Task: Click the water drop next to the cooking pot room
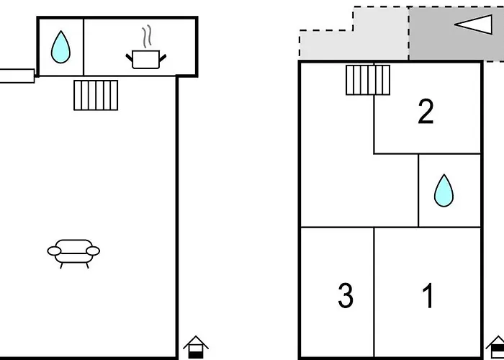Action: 61,47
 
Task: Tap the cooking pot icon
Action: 147,58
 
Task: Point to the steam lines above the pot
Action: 148,36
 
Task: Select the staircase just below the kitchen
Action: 96,95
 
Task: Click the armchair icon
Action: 73,252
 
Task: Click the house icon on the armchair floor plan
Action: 195,347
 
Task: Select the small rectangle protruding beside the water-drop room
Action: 17,76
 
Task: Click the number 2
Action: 426,112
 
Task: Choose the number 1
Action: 428,295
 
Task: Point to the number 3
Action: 346,295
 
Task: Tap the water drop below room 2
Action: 444,190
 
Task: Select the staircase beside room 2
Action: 368,79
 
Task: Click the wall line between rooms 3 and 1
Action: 374,292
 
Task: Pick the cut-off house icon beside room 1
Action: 496,347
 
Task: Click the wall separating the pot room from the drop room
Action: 84,47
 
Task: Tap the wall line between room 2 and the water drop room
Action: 450,153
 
